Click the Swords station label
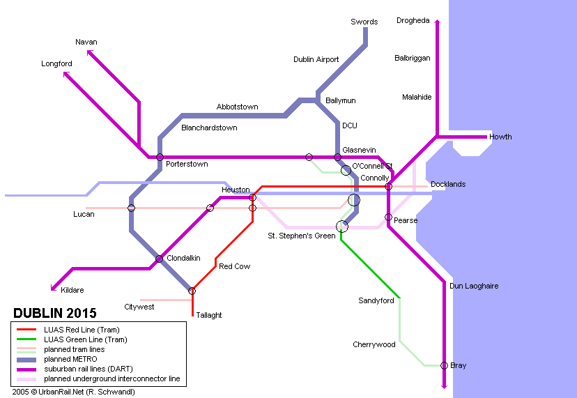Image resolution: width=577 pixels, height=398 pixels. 364,22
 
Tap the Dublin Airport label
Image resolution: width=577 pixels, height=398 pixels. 316,59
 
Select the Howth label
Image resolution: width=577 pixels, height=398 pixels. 500,137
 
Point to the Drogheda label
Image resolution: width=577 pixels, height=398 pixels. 413,21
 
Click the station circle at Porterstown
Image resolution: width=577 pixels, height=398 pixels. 160,158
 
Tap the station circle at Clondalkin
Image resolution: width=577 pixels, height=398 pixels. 159,259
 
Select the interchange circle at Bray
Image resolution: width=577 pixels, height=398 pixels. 444,366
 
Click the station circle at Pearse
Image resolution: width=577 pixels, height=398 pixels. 388,217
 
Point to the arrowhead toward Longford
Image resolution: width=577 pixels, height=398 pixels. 66,75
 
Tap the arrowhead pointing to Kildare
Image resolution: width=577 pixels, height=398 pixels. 54,288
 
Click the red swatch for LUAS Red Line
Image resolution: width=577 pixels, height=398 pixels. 26,330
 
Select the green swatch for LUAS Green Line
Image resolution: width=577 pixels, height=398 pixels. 26,339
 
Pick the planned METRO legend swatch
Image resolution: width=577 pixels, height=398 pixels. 26,360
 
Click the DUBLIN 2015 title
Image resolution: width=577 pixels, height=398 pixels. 55,314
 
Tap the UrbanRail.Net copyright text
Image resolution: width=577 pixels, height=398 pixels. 74,392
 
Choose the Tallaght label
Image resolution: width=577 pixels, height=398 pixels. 208,315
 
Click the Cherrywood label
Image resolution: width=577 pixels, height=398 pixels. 374,344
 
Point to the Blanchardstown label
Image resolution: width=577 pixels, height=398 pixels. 209,128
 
